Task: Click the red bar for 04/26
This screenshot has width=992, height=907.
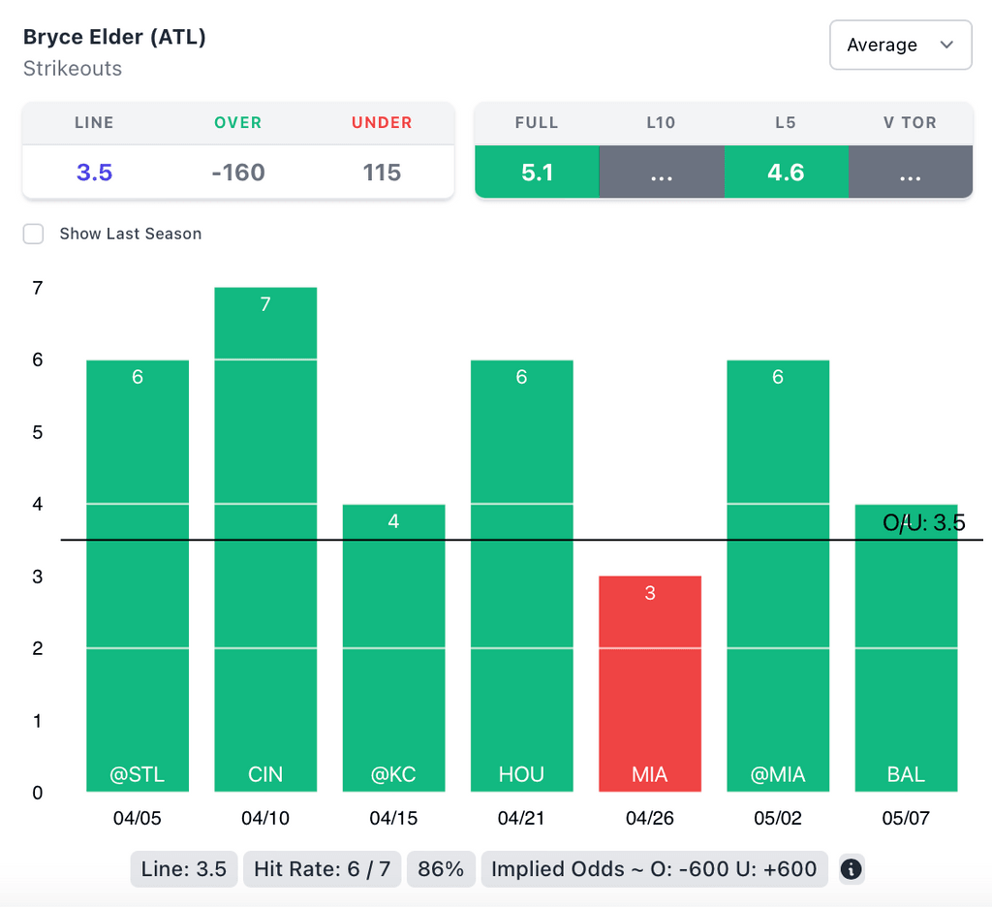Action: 650,683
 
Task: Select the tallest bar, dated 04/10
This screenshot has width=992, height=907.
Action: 265,539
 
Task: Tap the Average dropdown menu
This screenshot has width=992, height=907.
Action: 900,45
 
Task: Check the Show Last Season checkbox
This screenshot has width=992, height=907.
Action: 34,234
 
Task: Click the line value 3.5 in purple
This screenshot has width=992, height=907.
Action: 95,172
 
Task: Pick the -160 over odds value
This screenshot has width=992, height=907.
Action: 238,172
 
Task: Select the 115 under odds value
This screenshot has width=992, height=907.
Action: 382,172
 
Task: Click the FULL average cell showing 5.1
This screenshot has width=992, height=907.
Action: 537,172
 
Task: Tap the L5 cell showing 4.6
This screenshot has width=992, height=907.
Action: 786,172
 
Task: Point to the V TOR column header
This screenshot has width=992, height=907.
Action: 910,123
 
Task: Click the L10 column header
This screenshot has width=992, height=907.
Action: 661,123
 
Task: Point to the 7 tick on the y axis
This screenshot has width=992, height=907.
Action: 38,288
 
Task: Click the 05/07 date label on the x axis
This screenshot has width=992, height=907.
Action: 906,818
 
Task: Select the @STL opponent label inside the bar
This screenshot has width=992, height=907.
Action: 138,774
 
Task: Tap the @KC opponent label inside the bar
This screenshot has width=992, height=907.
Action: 393,774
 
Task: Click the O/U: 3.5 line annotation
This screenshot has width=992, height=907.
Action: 923,523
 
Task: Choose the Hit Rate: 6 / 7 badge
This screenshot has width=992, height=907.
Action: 322,869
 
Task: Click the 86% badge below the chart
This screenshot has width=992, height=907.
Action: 441,869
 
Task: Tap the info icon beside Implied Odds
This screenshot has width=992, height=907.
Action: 852,869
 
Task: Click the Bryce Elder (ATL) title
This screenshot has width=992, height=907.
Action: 114,37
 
